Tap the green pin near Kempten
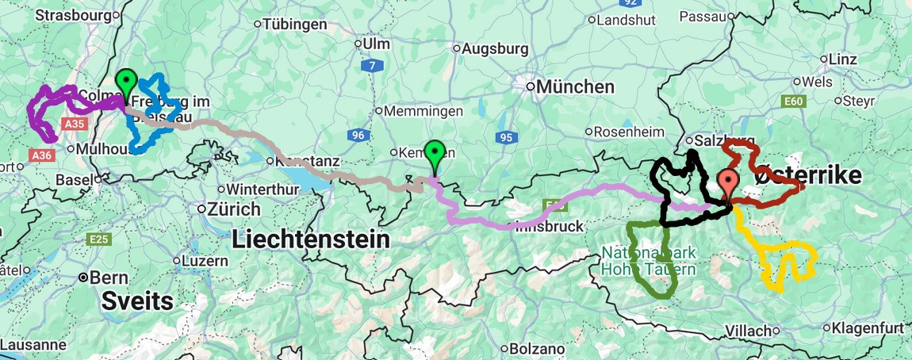pos(434,152)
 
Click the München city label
pos(575,86)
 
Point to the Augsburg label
pos(495,49)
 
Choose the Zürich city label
pos(234,210)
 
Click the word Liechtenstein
pos(312,239)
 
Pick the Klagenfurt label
pos(869,327)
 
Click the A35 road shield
pos(75,124)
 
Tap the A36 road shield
pos(42,155)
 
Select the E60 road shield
pos(793,101)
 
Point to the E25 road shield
pos(100,239)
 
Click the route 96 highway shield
pos(358,136)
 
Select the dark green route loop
pos(650,262)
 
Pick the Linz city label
pos(843,59)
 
